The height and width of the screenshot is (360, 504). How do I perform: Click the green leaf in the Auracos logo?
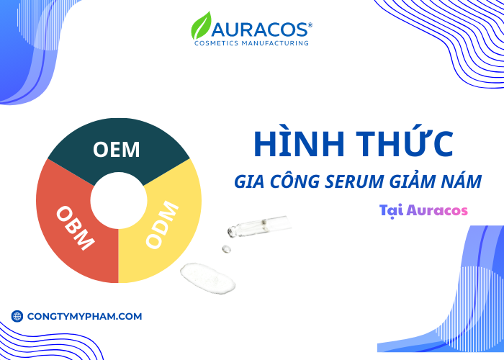[x=202, y=27]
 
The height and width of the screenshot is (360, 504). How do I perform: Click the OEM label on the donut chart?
[x=116, y=150]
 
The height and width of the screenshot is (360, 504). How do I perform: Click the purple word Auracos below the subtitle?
[x=436, y=211]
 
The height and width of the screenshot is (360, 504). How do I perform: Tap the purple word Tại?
[x=390, y=211]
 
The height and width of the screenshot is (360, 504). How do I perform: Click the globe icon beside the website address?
[x=17, y=316]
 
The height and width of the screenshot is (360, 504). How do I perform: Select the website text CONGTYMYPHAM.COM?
[x=84, y=316]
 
